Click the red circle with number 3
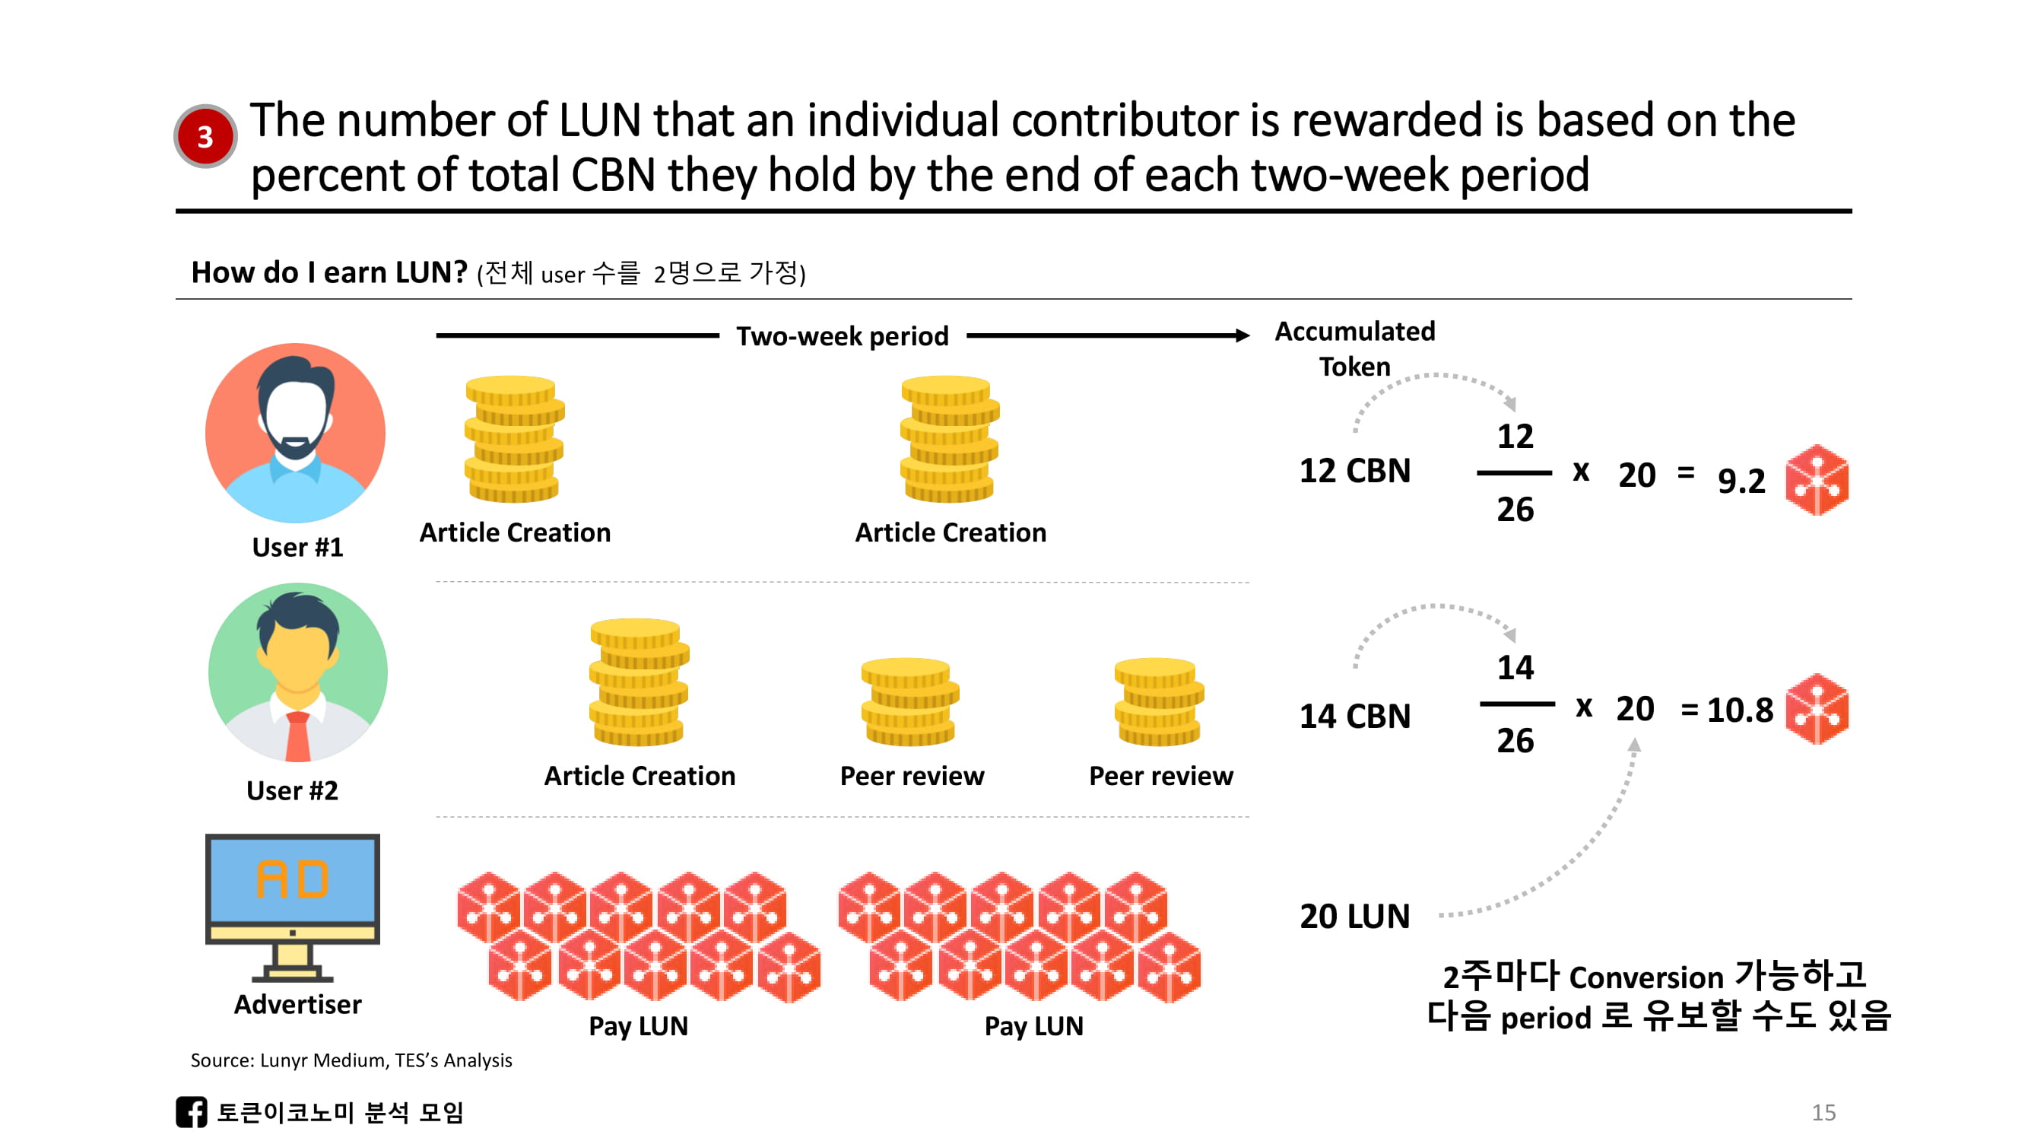coord(205,136)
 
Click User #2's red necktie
coord(297,737)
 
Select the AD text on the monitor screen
coord(292,879)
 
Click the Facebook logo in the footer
coord(192,1112)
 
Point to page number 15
coord(1823,1112)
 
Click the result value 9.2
coord(1741,480)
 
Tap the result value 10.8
coord(1739,710)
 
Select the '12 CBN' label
coord(1354,471)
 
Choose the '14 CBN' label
coord(1354,717)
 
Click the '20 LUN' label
coord(1354,917)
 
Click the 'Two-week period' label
coord(843,336)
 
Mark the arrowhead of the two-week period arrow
coord(1243,336)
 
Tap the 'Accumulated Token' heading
coord(1354,348)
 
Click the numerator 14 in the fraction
coord(1515,668)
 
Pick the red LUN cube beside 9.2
coord(1816,480)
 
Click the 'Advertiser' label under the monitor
coord(297,1005)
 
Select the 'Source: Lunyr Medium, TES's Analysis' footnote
coord(351,1060)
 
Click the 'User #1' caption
coord(297,547)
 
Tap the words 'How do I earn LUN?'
coord(329,272)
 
